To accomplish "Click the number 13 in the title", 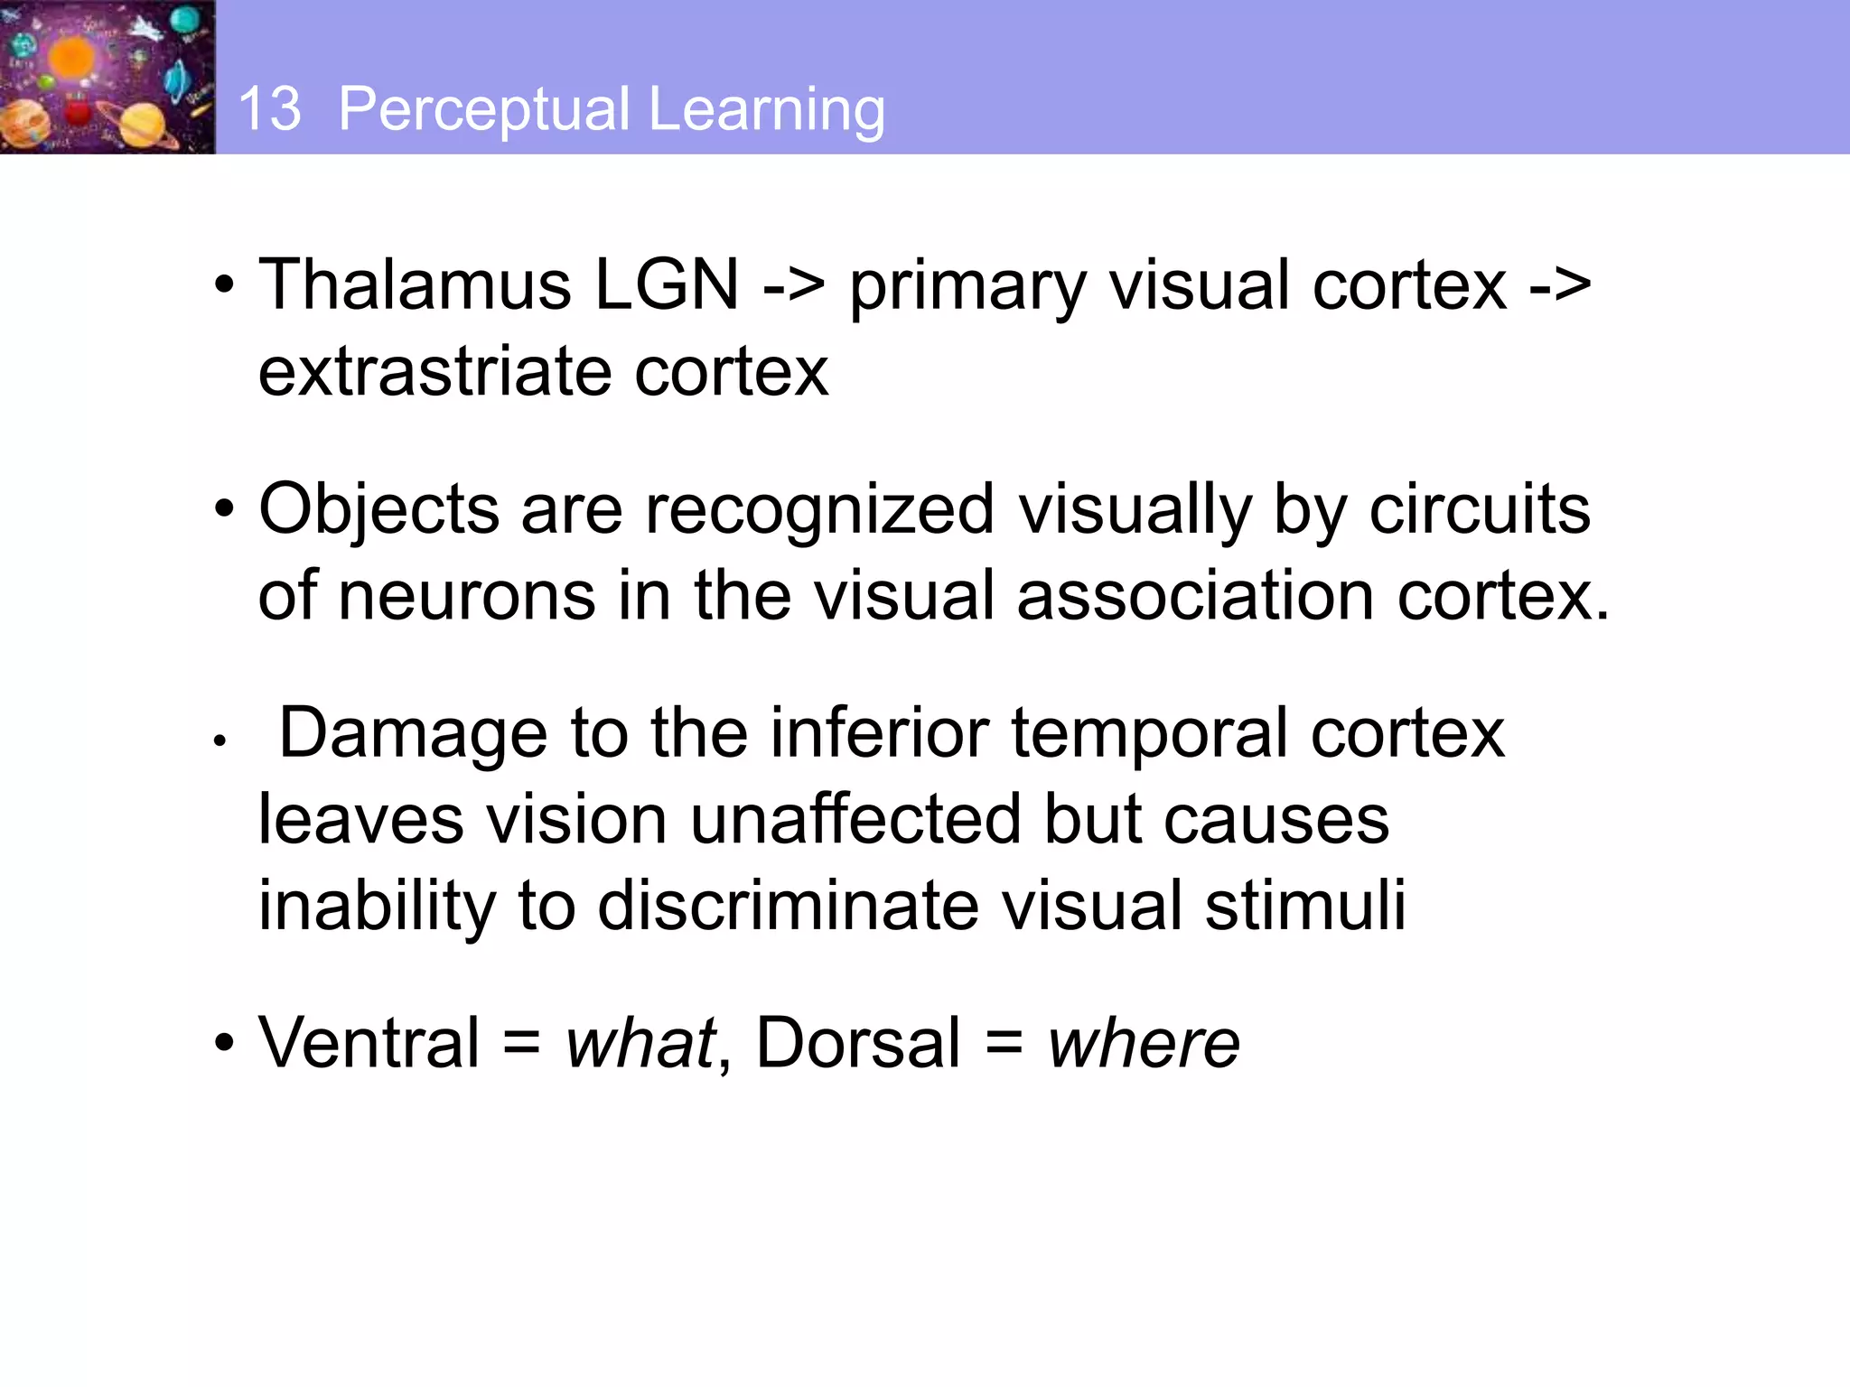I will tap(269, 109).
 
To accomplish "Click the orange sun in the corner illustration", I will tap(71, 59).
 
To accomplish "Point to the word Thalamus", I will tap(415, 284).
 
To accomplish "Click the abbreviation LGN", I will tap(667, 284).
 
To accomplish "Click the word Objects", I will tap(378, 509).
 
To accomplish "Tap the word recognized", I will tap(819, 509).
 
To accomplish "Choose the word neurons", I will tap(467, 596).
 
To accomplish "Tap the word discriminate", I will tap(788, 906).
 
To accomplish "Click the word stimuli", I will tap(1305, 906).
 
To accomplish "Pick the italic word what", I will tap(640, 1043).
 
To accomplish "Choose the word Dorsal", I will tap(858, 1043).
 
